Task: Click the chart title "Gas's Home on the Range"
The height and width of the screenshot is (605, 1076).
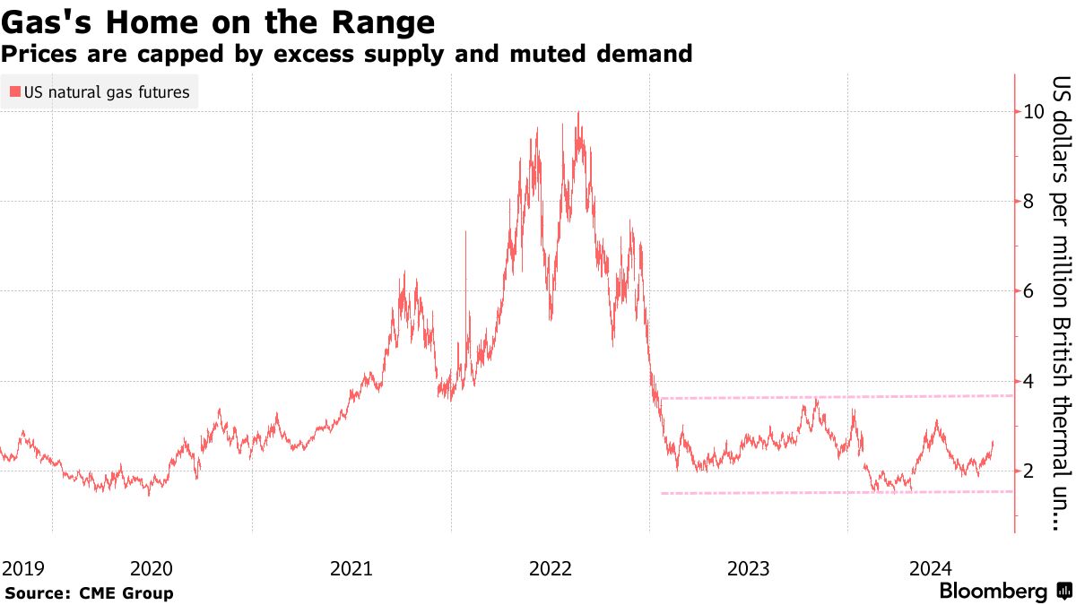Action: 219,22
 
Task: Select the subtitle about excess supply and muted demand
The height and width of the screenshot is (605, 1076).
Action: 346,54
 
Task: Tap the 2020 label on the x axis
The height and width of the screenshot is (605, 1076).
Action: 152,567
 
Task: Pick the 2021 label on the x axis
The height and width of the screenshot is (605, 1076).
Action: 351,567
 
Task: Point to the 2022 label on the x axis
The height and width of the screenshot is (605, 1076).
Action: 551,567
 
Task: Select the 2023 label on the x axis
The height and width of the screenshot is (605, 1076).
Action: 750,567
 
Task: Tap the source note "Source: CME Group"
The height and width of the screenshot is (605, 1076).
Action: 89,592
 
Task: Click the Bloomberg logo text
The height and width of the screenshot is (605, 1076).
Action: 993,592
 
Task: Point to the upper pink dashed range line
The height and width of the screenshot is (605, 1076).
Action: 834,396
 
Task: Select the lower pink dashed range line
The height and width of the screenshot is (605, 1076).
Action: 834,492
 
